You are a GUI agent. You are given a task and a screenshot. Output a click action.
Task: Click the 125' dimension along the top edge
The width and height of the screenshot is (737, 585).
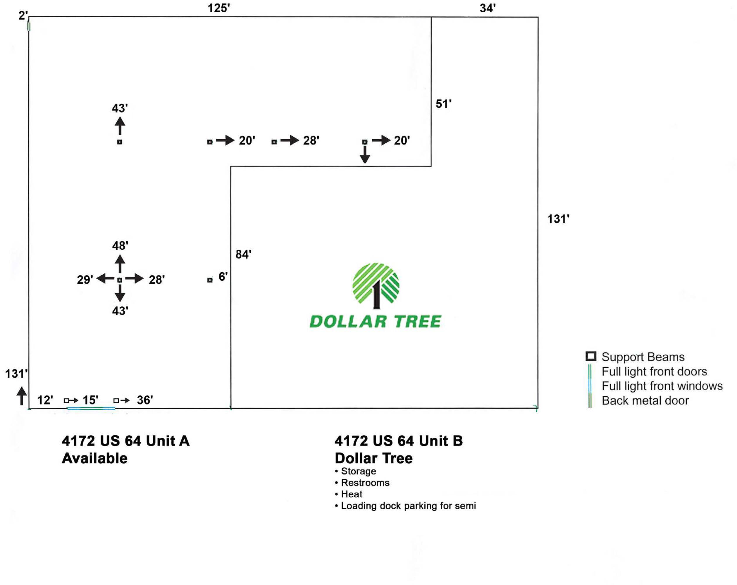click(x=219, y=8)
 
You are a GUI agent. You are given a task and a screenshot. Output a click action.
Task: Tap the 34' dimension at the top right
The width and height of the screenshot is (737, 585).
click(x=488, y=8)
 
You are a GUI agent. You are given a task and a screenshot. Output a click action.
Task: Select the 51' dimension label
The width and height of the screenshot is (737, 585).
click(x=443, y=104)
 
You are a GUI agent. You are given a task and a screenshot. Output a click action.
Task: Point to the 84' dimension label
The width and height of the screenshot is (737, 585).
click(x=243, y=254)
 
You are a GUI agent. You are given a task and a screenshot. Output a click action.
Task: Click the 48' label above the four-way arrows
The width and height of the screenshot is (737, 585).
click(x=120, y=246)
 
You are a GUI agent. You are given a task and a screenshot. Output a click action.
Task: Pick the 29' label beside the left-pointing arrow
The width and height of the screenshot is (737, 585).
click(x=85, y=280)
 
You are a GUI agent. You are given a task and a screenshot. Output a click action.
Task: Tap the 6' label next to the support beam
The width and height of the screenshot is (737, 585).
click(x=223, y=277)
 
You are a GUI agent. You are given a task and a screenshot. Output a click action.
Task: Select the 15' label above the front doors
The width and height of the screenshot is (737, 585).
click(x=90, y=400)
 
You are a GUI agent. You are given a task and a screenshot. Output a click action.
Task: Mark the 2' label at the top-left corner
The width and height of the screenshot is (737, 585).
click(x=23, y=16)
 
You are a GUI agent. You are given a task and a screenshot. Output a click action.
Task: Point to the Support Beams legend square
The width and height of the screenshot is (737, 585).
click(x=591, y=356)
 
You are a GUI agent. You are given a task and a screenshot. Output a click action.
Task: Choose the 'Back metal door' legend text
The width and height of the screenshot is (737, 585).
click(x=645, y=401)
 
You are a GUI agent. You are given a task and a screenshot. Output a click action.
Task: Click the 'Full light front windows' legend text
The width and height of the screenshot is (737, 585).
click(x=662, y=386)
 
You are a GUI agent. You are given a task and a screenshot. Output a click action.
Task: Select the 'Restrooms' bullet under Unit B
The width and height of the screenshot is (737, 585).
click(x=365, y=483)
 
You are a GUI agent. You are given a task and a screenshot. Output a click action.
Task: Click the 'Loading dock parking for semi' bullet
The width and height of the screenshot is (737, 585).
click(x=408, y=506)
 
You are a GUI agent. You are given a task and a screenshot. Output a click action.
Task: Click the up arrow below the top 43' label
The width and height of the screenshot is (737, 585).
click(x=120, y=126)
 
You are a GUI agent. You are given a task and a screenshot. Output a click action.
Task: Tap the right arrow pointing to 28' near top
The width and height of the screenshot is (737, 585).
click(x=290, y=140)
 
